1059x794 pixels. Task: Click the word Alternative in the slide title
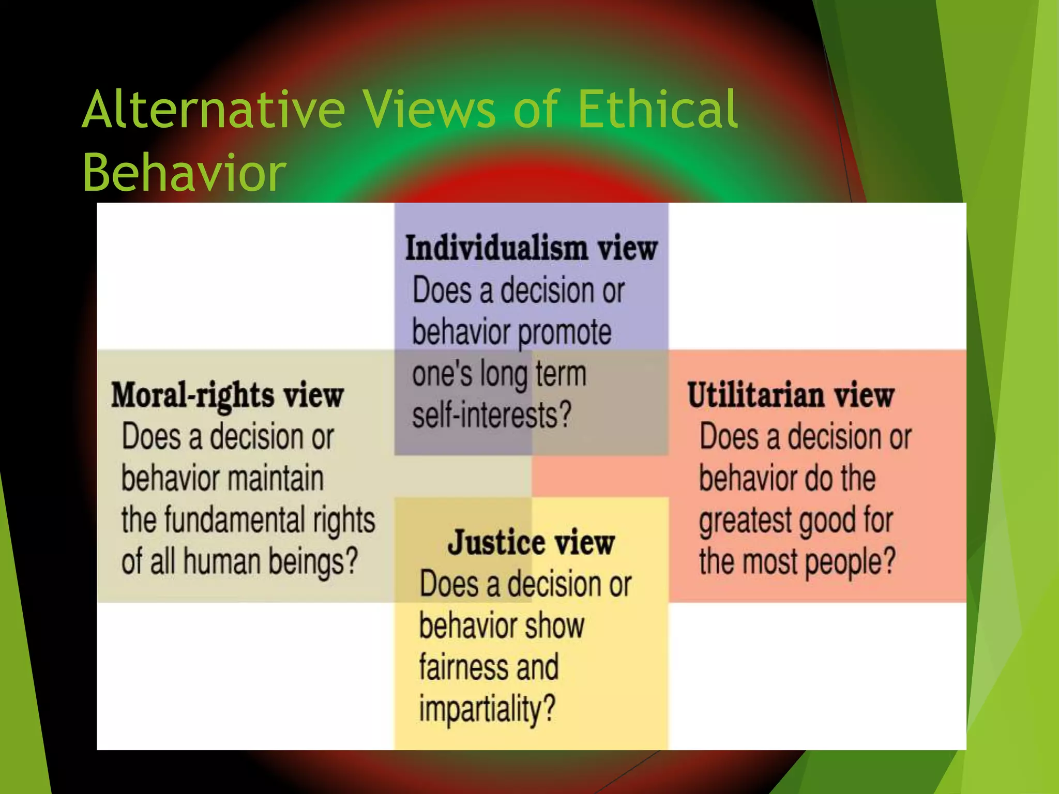click(214, 109)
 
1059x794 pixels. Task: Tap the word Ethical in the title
click(657, 109)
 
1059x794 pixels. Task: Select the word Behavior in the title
click(184, 172)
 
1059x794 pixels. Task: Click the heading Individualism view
click(531, 248)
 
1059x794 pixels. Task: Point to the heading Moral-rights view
click(228, 396)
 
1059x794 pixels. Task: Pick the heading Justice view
click(531, 543)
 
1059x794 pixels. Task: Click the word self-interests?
click(492, 416)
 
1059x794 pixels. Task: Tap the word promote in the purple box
click(565, 332)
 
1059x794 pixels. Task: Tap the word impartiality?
click(487, 709)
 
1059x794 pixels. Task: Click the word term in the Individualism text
click(561, 374)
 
